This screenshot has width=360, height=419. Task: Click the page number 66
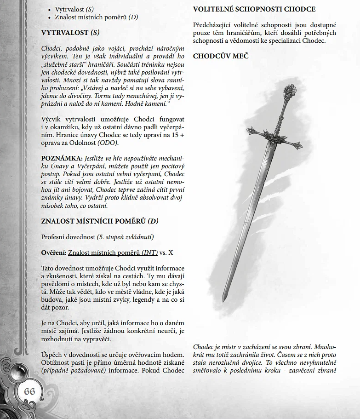29,391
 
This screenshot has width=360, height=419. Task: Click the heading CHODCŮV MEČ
221,56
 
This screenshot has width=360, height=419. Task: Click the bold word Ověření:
53,253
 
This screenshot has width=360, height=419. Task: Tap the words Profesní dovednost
68,237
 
